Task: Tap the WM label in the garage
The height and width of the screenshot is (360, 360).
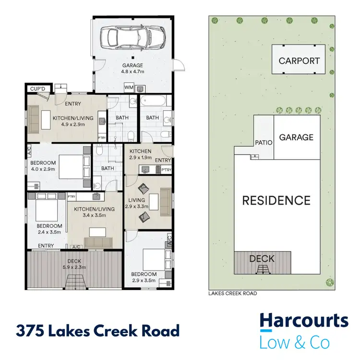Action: click(129, 88)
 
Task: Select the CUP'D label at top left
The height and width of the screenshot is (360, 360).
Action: click(37, 89)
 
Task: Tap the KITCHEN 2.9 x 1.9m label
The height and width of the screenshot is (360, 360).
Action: click(140, 154)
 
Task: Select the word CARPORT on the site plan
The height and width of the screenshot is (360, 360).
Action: click(299, 61)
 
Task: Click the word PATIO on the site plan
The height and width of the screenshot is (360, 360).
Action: click(264, 143)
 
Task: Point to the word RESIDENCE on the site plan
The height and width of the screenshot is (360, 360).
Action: click(276, 200)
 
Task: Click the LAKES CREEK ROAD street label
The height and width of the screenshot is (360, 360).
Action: click(233, 293)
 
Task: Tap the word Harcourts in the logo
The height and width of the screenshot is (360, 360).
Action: click(304, 321)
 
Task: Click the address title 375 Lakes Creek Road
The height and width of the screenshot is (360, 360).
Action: click(97, 331)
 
